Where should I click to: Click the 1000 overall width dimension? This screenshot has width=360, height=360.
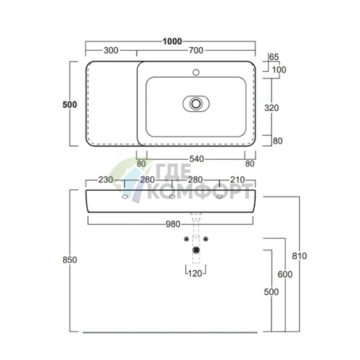coord(172,41)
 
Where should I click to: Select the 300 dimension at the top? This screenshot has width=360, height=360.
coord(111,50)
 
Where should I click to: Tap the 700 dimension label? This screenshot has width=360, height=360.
coord(196,50)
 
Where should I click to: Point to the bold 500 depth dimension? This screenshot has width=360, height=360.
coord(70,105)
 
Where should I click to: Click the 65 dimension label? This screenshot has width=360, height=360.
coord(274,57)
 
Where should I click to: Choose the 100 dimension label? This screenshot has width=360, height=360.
coord(279,70)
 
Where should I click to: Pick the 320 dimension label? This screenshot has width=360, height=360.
coord(271,108)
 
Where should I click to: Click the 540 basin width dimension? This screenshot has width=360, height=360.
coord(197,159)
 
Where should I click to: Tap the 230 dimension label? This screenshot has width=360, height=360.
coord(105,180)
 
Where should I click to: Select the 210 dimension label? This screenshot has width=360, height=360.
coord(237,180)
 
